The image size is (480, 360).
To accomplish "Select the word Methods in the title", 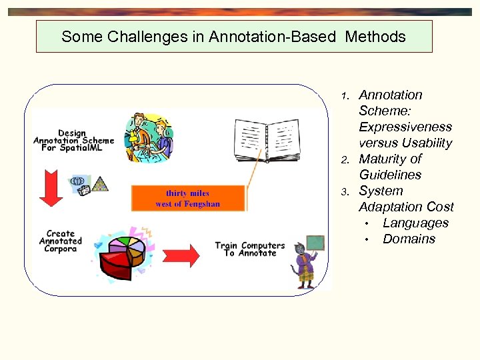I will (375, 37).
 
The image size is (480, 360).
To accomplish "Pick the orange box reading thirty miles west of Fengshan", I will (188, 198).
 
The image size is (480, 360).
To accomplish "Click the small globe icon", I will (77, 181).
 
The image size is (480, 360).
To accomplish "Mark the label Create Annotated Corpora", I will (61, 241).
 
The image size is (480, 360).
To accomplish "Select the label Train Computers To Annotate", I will (249, 249).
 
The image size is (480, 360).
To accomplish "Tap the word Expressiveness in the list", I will (405, 127).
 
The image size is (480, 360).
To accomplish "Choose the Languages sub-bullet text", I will (415, 223).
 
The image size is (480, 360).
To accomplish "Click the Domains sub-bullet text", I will (409, 239).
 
